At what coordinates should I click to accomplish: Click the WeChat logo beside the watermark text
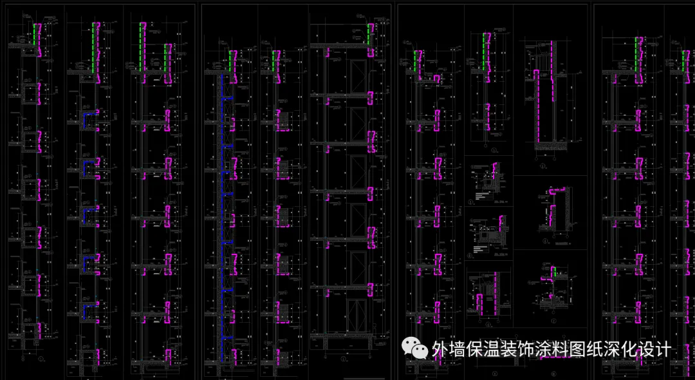point(416,348)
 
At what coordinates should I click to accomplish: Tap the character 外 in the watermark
point(440,350)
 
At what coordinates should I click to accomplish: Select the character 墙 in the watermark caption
point(459,350)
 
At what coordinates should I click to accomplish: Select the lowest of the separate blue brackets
point(87,311)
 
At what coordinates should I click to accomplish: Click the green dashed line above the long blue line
point(229,62)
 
